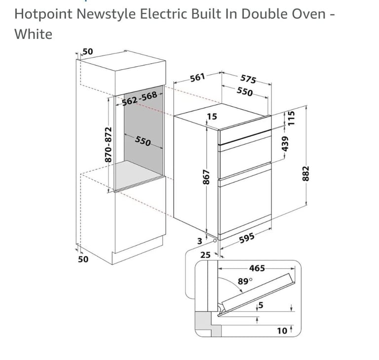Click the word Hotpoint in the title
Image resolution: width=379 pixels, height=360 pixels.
tap(43, 14)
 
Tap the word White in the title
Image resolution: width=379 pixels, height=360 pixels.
tap(34, 34)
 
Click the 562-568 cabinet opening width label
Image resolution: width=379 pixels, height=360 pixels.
tap(140, 99)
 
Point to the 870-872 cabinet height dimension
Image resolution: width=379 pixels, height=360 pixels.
tap(109, 144)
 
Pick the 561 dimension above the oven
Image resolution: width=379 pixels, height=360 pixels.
tap(197, 78)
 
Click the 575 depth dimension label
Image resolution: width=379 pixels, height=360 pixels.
tap(248, 79)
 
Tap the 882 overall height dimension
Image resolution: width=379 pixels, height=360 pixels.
tap(305, 173)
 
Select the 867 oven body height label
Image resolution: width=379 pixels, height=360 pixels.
tap(206, 177)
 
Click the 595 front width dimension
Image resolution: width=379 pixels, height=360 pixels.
tap(247, 238)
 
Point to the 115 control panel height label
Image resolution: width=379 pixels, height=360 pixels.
tap(292, 118)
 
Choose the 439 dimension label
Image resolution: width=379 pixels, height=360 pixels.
tap(285, 144)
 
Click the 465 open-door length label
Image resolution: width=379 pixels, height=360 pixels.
tap(257, 268)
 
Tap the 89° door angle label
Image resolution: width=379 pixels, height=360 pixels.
tap(245, 281)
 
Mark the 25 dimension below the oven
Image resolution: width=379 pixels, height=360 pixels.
tap(205, 255)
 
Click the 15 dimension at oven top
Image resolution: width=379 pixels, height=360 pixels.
tap(212, 117)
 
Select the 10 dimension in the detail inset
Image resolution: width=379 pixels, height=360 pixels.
tap(282, 330)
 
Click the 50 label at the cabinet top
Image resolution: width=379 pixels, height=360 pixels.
tap(88, 51)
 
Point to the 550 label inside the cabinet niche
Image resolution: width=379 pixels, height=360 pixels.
tap(143, 141)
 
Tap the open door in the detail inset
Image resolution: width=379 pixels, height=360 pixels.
tap(256, 294)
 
